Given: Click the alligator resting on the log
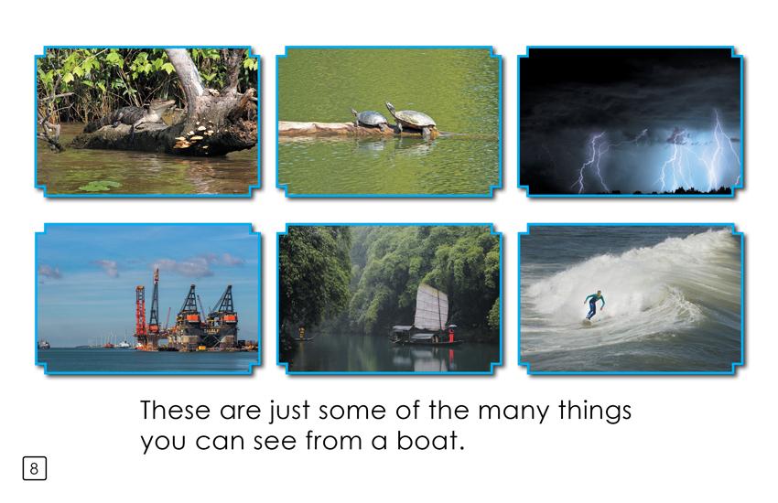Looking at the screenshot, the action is pyautogui.click(x=132, y=115).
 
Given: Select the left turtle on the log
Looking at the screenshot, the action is pyautogui.click(x=371, y=120).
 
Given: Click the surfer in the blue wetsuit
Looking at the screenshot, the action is pyautogui.click(x=594, y=305).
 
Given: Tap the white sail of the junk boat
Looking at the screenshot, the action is pyautogui.click(x=431, y=307).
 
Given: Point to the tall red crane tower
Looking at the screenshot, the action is pyautogui.click(x=141, y=312).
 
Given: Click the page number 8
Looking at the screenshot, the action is pyautogui.click(x=34, y=468).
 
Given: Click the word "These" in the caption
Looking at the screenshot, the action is pyautogui.click(x=175, y=410).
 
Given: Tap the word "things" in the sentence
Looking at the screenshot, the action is pyautogui.click(x=594, y=412).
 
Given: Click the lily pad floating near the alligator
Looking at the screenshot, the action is pyautogui.click(x=100, y=186).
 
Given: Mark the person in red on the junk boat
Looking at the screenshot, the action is pyautogui.click(x=450, y=334).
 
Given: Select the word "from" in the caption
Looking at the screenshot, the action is pyautogui.click(x=333, y=440).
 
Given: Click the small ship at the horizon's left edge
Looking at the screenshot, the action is pyautogui.click(x=44, y=344).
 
